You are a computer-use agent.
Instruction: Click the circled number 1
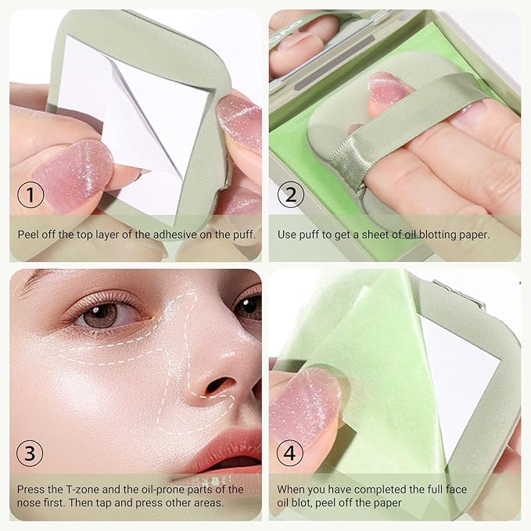(30, 195)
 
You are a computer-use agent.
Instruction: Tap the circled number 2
(290, 195)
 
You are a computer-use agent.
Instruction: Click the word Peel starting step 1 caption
(29, 234)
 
